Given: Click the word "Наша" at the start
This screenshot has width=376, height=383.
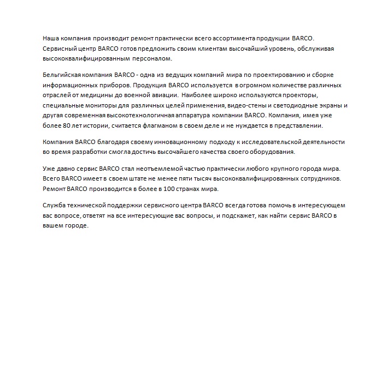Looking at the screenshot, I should tap(51, 39).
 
